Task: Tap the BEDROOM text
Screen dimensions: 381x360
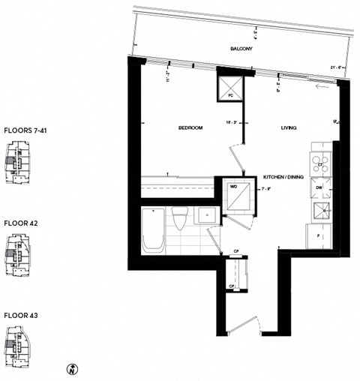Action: click(190, 128)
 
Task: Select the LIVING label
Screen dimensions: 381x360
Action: click(289, 128)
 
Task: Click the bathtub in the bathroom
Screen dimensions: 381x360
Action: click(152, 230)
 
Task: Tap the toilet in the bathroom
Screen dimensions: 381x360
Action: click(179, 220)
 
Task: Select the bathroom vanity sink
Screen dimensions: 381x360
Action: click(204, 217)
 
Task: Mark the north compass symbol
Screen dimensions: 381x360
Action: click(70, 368)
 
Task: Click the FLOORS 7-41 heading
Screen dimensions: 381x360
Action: click(24, 130)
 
